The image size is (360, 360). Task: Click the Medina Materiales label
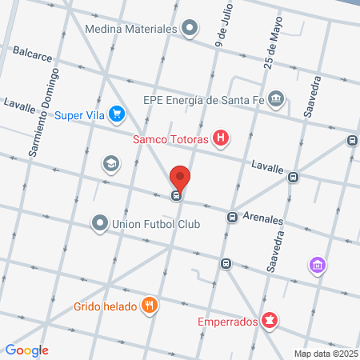pyautogui.click(x=130, y=30)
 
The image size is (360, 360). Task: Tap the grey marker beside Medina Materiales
pyautogui.click(x=190, y=30)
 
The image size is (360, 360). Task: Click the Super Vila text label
pyautogui.click(x=80, y=114)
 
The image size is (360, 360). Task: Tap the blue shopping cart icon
pyautogui.click(x=118, y=114)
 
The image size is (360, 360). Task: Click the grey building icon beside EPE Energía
pyautogui.click(x=276, y=99)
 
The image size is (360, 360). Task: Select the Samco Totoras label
pyautogui.click(x=170, y=141)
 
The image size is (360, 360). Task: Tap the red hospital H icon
pyautogui.click(x=222, y=140)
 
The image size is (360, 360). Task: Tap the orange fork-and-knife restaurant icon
pyautogui.click(x=148, y=305)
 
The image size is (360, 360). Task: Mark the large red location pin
pyautogui.click(x=180, y=178)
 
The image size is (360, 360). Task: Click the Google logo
pyautogui.click(x=26, y=350)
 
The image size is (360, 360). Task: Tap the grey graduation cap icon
pyautogui.click(x=110, y=164)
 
